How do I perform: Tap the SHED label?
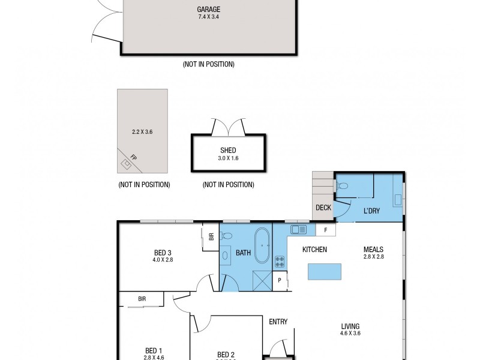[x=227, y=151]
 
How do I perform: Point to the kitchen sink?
[x=298, y=229]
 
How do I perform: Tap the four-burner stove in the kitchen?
[x=280, y=261]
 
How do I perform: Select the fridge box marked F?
[x=325, y=229]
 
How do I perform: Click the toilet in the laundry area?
[x=341, y=187]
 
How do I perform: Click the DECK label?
[x=323, y=208]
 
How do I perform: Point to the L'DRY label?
[x=373, y=211]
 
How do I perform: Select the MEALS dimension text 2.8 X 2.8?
[x=373, y=257]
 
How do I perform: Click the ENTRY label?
[x=278, y=322]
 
